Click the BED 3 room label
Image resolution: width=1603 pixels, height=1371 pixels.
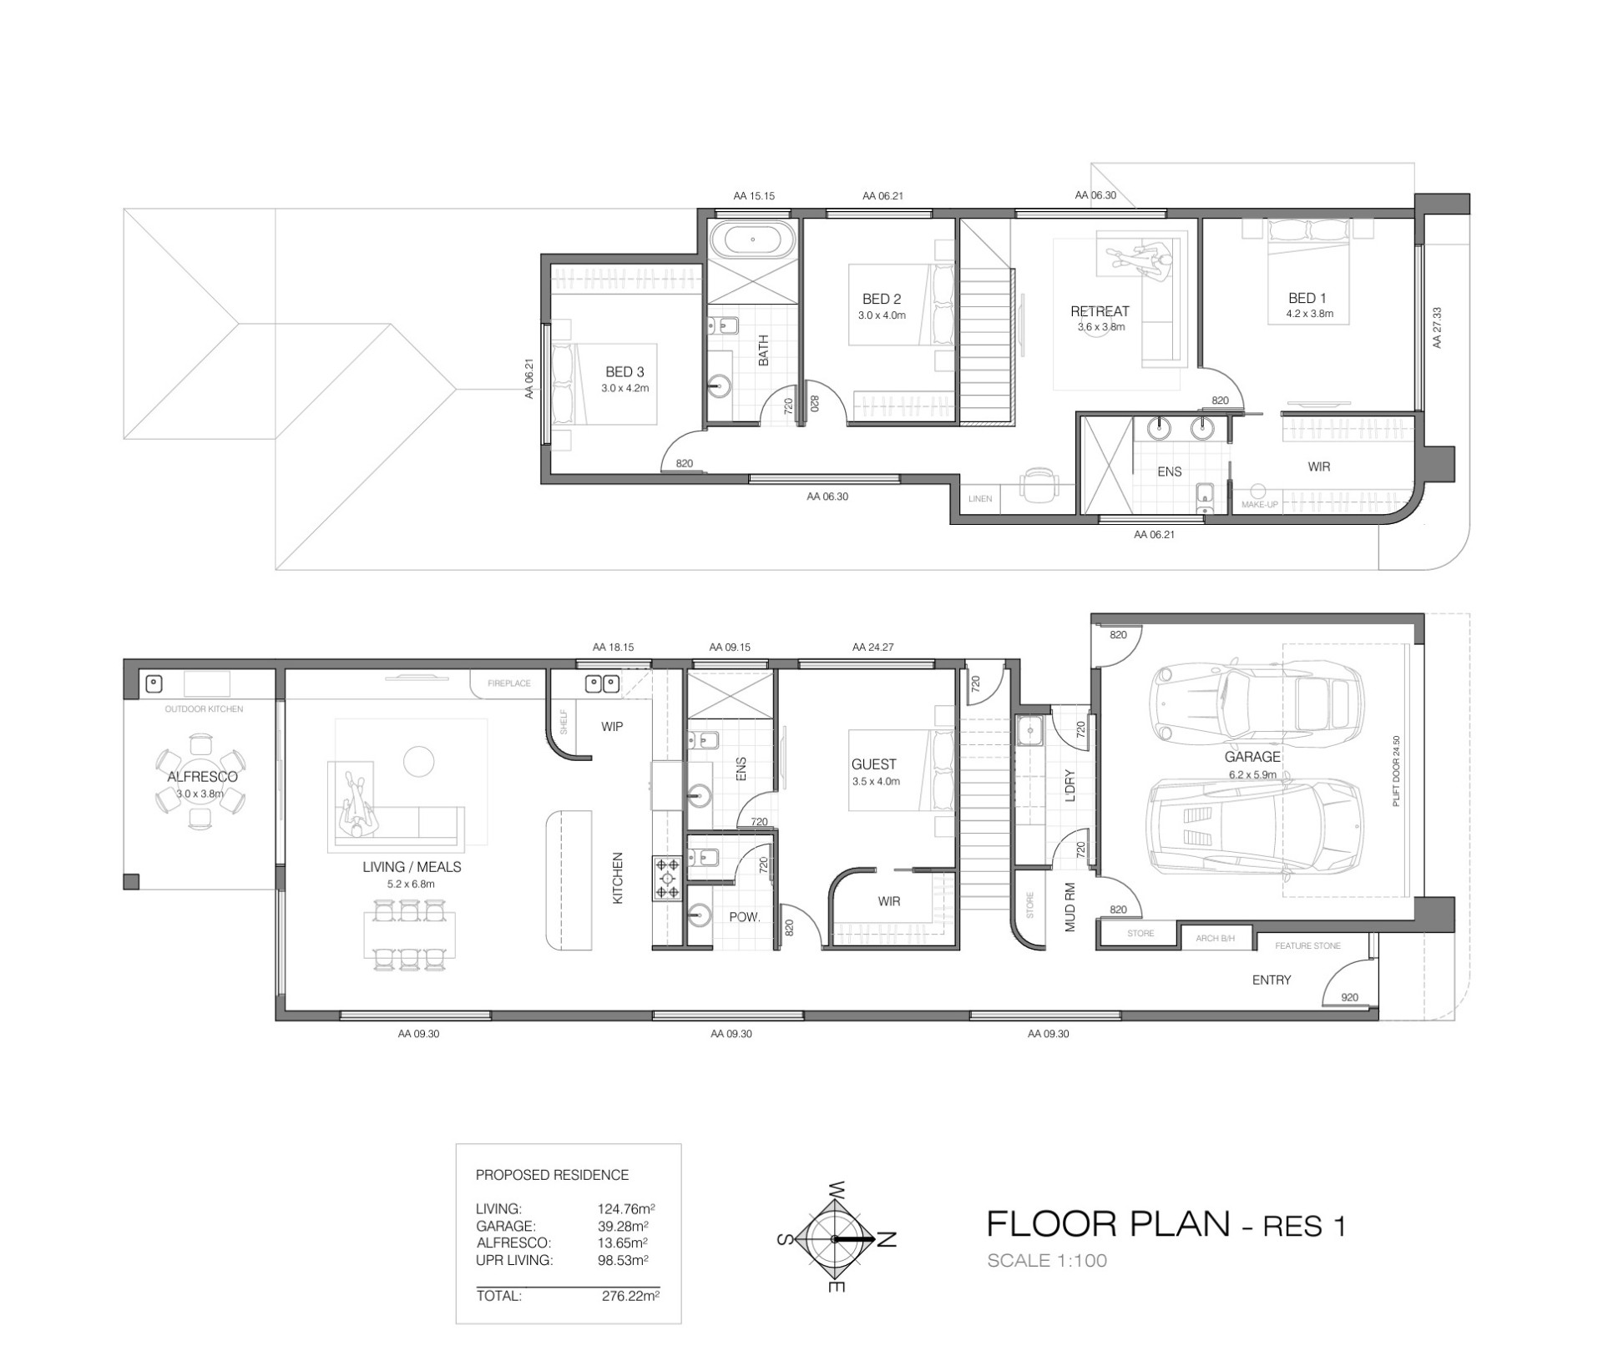coord(625,372)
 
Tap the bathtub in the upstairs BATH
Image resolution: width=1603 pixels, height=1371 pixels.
coord(752,239)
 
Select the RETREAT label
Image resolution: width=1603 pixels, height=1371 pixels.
coord(1100,311)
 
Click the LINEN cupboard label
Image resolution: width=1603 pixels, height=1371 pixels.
coord(980,499)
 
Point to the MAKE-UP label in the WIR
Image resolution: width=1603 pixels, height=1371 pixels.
coord(1260,505)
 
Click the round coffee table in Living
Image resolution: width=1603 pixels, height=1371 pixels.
coord(418,760)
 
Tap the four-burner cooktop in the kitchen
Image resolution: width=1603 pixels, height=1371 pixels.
coord(668,879)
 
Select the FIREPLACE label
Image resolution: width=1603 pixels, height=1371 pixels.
coord(509,683)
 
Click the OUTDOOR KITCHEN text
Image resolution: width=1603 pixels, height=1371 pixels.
coord(204,709)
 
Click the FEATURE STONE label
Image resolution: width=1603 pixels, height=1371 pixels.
coord(1307,946)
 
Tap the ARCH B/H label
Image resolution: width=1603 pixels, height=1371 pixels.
coord(1215,939)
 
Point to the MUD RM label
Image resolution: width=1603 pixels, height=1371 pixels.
coord(1070,907)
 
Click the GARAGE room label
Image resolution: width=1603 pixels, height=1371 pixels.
coord(1252,757)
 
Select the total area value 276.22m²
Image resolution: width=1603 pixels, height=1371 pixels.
coord(630,1297)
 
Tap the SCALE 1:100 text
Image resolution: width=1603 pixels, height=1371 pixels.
coord(1047,1261)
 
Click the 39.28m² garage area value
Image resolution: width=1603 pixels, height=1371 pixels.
coord(623,1226)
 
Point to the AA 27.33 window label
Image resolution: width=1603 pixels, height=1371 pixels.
coord(1437,328)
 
